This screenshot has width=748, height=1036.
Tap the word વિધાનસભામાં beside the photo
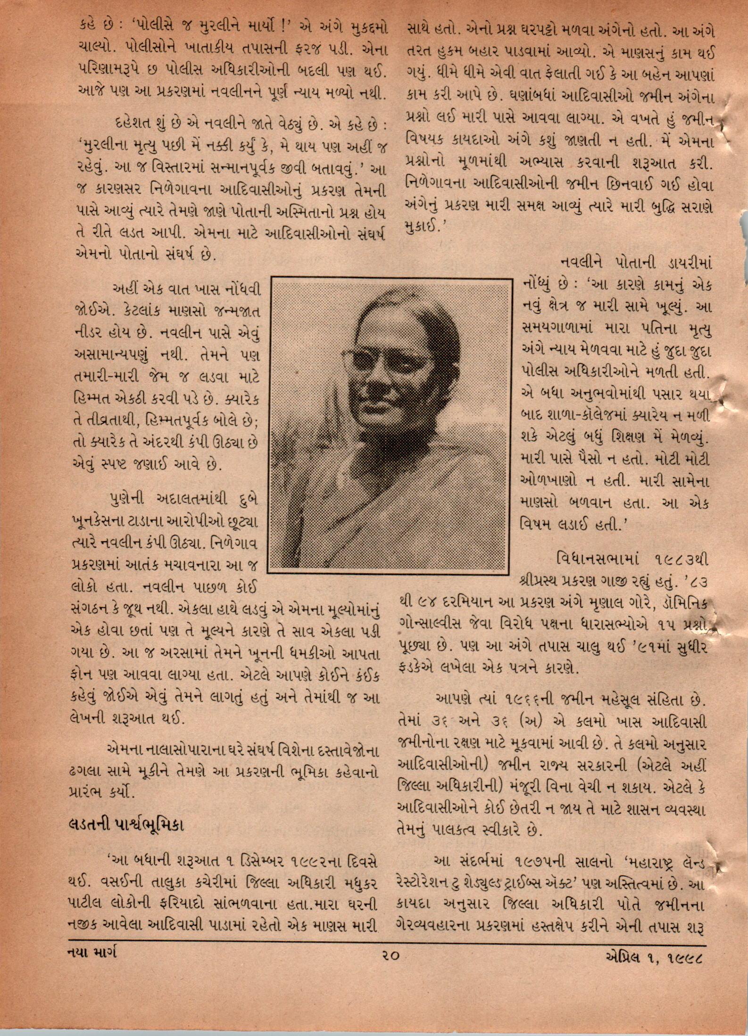(x=598, y=559)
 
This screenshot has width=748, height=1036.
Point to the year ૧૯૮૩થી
(x=682, y=559)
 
